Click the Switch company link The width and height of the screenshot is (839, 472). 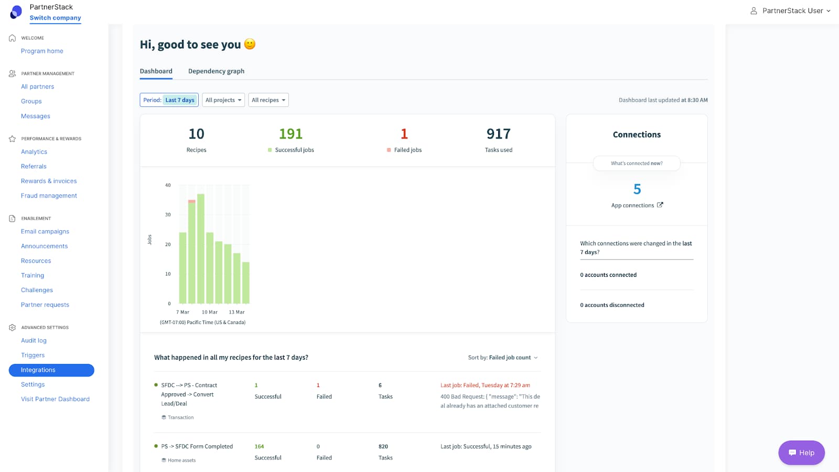coord(55,18)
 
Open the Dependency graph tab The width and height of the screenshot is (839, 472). coord(216,71)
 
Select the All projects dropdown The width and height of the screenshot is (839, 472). coord(223,100)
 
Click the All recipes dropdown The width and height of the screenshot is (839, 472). coord(268,100)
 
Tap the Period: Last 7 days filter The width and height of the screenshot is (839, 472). coord(169,100)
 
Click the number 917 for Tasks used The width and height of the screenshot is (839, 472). coord(498,134)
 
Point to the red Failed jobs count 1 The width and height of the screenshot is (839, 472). coord(404,134)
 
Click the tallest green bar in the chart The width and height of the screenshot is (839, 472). coord(200,249)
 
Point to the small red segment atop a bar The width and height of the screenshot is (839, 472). coord(191,201)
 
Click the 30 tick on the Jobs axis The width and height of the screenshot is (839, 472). coord(168,214)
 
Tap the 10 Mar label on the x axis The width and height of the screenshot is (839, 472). coord(209,312)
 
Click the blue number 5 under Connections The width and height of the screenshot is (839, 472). coord(637,189)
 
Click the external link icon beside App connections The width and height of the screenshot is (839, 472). coord(660,205)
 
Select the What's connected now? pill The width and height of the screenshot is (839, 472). coord(637,163)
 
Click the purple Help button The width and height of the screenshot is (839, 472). coord(801,453)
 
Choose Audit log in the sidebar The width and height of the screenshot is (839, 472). coord(34,340)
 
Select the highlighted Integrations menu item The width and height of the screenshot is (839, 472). coord(51,370)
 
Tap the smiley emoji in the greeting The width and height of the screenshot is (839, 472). coord(250,44)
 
